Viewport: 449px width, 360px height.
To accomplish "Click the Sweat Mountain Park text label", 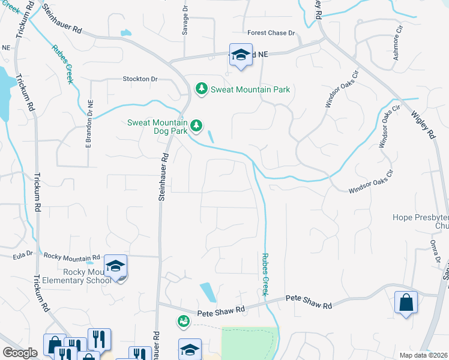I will [x=250, y=89].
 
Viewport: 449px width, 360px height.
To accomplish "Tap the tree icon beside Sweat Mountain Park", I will [x=202, y=89].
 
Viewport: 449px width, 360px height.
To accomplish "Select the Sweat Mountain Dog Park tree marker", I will [x=196, y=126].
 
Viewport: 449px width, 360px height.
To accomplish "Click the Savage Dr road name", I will [x=185, y=22].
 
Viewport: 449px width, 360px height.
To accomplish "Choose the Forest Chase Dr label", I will [x=271, y=33].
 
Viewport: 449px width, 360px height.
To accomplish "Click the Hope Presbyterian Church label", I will [x=421, y=221].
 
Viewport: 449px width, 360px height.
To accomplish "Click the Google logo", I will [x=20, y=353].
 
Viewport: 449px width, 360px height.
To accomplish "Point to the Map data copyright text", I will [x=423, y=355].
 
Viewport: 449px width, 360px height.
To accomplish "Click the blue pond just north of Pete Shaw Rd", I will [x=208, y=292].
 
